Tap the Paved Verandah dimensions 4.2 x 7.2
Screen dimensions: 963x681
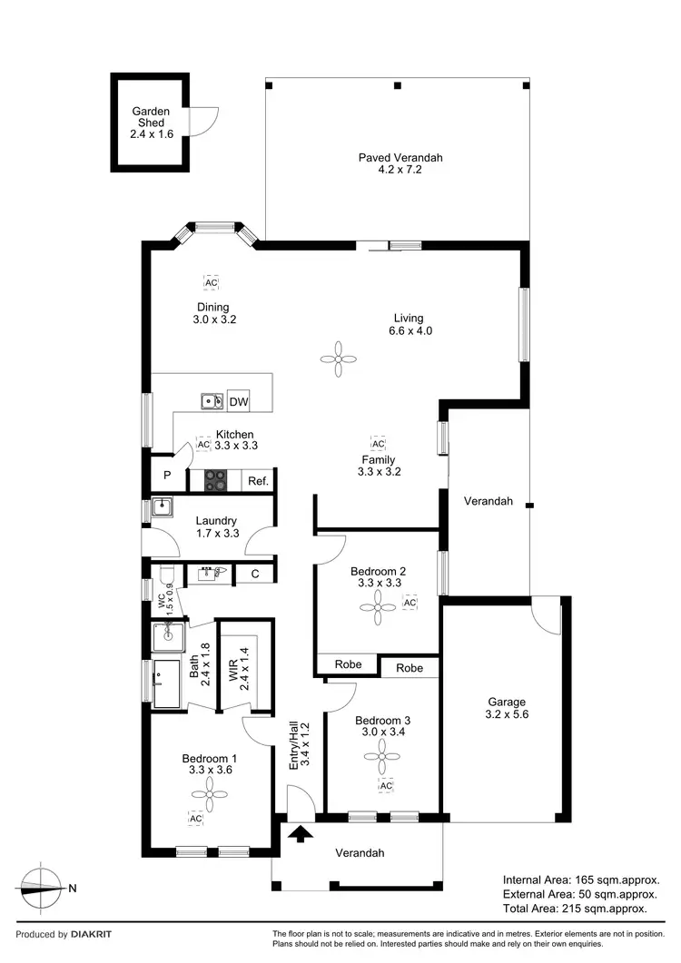pyautogui.click(x=400, y=170)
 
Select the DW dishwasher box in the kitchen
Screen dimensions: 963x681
pyautogui.click(x=238, y=401)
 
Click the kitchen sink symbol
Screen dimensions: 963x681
pyautogui.click(x=212, y=400)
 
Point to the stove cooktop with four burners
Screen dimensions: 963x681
pyautogui.click(x=215, y=479)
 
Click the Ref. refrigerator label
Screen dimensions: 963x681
pyautogui.click(x=258, y=481)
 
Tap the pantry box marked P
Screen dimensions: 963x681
pyautogui.click(x=167, y=476)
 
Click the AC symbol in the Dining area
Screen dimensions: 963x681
pyautogui.click(x=211, y=282)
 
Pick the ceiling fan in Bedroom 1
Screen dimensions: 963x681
pyautogui.click(x=209, y=796)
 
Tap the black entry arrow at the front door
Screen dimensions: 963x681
pyautogui.click(x=301, y=831)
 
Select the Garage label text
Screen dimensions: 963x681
pyautogui.click(x=506, y=702)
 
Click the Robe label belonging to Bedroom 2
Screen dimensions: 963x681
pyautogui.click(x=348, y=664)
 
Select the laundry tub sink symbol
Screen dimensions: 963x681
pyautogui.click(x=163, y=506)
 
